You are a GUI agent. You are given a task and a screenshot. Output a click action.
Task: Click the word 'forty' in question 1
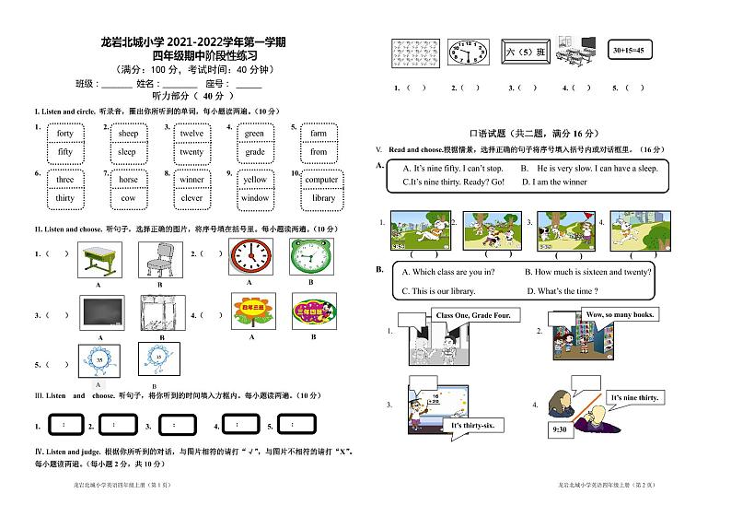tap(64, 134)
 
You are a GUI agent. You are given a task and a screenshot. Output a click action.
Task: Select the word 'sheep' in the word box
tap(127, 134)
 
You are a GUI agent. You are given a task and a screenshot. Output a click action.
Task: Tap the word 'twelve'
tap(191, 134)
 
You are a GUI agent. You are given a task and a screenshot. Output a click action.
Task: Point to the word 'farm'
tap(319, 134)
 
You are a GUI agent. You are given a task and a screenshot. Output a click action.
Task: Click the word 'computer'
tap(321, 180)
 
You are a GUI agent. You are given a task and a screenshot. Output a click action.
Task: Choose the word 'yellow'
tap(255, 180)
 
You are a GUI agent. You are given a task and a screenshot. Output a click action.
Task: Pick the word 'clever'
tap(191, 198)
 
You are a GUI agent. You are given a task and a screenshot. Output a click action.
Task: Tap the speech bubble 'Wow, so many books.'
tap(620, 315)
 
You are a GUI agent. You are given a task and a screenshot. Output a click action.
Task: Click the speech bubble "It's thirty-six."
tap(473, 425)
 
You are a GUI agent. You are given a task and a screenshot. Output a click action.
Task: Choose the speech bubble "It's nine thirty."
tap(634, 397)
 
